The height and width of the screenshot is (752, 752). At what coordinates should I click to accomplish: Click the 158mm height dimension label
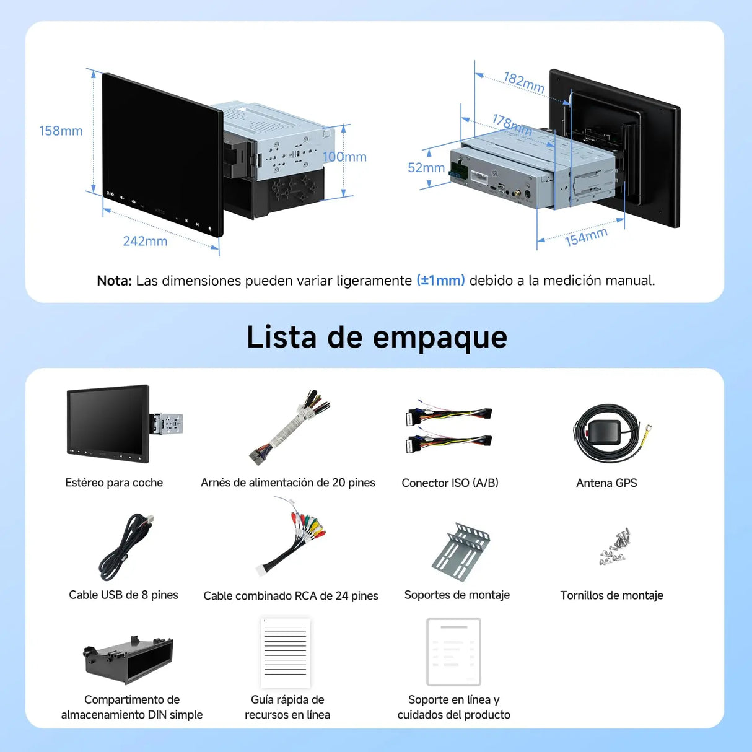coord(61,131)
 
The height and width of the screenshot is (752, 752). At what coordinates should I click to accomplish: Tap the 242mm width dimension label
coord(145,241)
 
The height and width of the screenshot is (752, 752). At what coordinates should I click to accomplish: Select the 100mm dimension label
coord(344,157)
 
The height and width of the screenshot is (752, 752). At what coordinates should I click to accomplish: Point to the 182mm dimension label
coord(524,82)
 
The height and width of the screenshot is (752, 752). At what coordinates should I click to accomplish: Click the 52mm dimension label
coord(426,168)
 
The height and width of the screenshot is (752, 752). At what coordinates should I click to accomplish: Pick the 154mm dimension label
coord(585,236)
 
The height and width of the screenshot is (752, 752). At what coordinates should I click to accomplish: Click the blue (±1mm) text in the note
coord(440,281)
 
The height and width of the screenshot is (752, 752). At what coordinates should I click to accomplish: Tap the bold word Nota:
coord(114,281)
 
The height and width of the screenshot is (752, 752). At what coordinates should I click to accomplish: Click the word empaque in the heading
coord(440,338)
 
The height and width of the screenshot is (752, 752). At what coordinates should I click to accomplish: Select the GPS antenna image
coord(610,434)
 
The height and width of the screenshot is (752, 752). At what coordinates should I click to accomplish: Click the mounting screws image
coord(615,546)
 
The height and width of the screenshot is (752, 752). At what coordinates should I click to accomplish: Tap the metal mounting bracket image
coord(461,551)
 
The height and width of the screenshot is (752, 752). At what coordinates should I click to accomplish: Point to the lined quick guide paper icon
coord(285,652)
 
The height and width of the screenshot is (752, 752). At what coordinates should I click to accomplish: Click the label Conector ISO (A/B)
coord(450,483)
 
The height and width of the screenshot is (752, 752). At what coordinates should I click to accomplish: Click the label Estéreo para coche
coord(114,483)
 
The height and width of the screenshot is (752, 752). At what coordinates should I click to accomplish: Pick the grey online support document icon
coord(453,652)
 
